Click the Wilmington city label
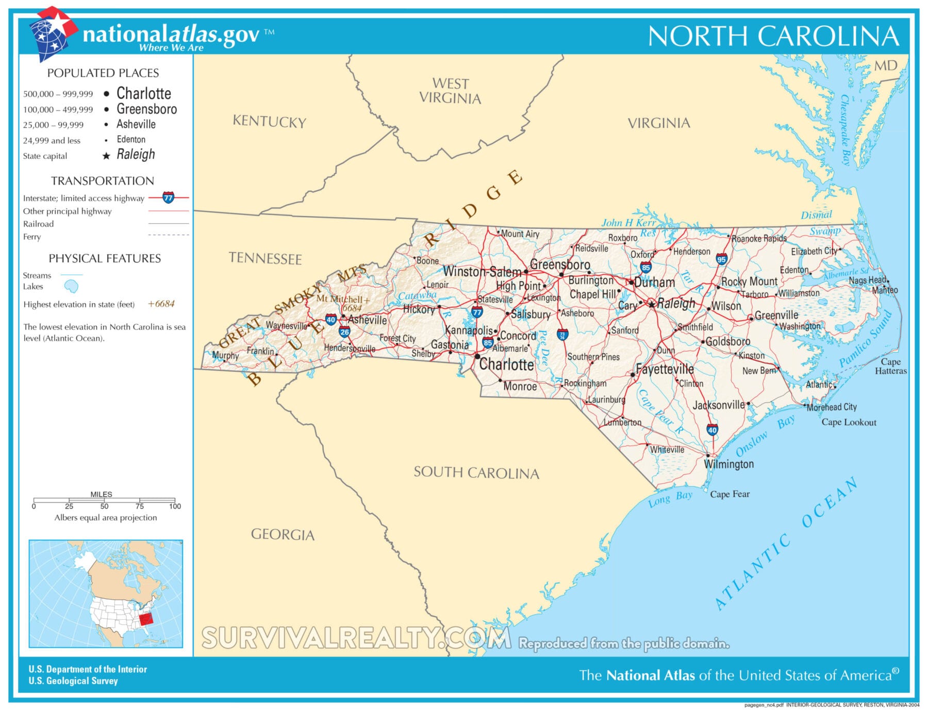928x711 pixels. (728, 464)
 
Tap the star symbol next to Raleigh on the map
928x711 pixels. (652, 304)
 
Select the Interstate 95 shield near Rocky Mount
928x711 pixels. (721, 259)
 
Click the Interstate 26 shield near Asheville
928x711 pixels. (344, 332)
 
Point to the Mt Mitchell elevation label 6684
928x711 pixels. (352, 308)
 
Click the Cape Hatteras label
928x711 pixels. (890, 366)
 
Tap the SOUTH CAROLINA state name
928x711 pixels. (476, 472)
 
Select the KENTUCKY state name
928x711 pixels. (269, 122)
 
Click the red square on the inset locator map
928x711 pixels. (146, 617)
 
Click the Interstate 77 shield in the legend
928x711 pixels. (168, 197)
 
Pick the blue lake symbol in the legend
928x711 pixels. (71, 286)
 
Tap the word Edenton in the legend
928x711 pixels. (131, 140)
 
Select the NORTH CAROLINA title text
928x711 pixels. (773, 37)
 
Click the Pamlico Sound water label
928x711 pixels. (866, 339)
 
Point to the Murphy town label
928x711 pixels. (225, 355)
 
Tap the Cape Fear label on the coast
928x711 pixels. (730, 494)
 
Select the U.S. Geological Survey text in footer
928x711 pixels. (73, 681)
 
